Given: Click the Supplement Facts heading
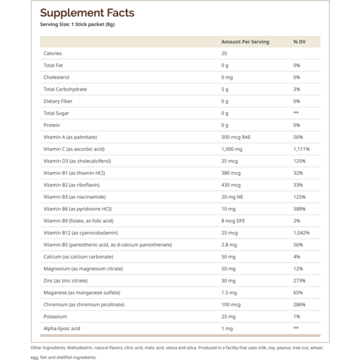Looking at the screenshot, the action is click(87, 13).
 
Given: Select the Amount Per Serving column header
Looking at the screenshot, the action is click(245, 42).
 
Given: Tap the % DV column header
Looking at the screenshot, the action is click(299, 42).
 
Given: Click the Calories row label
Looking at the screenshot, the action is click(53, 53).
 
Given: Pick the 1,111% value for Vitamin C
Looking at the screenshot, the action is click(301, 149).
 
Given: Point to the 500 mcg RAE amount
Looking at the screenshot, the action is click(236, 137).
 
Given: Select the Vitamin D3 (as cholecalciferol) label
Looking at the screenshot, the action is click(77, 161).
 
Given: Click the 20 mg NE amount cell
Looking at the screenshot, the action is click(232, 197).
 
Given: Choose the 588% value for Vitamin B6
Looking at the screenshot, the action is click(299, 209).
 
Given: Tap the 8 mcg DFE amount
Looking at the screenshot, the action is click(233, 221).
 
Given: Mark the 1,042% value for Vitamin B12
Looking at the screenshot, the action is click(301, 233).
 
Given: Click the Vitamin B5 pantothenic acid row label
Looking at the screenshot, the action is click(108, 245).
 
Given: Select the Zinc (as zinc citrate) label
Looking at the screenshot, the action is click(65, 281).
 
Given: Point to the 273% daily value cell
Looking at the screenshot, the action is click(299, 281).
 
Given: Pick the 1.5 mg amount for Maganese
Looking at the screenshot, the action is click(229, 293).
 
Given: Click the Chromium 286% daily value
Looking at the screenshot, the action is click(299, 305).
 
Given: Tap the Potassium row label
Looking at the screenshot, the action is click(55, 317).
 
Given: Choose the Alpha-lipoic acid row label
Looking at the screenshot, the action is click(62, 329).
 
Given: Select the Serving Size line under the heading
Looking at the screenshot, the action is click(77, 25).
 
